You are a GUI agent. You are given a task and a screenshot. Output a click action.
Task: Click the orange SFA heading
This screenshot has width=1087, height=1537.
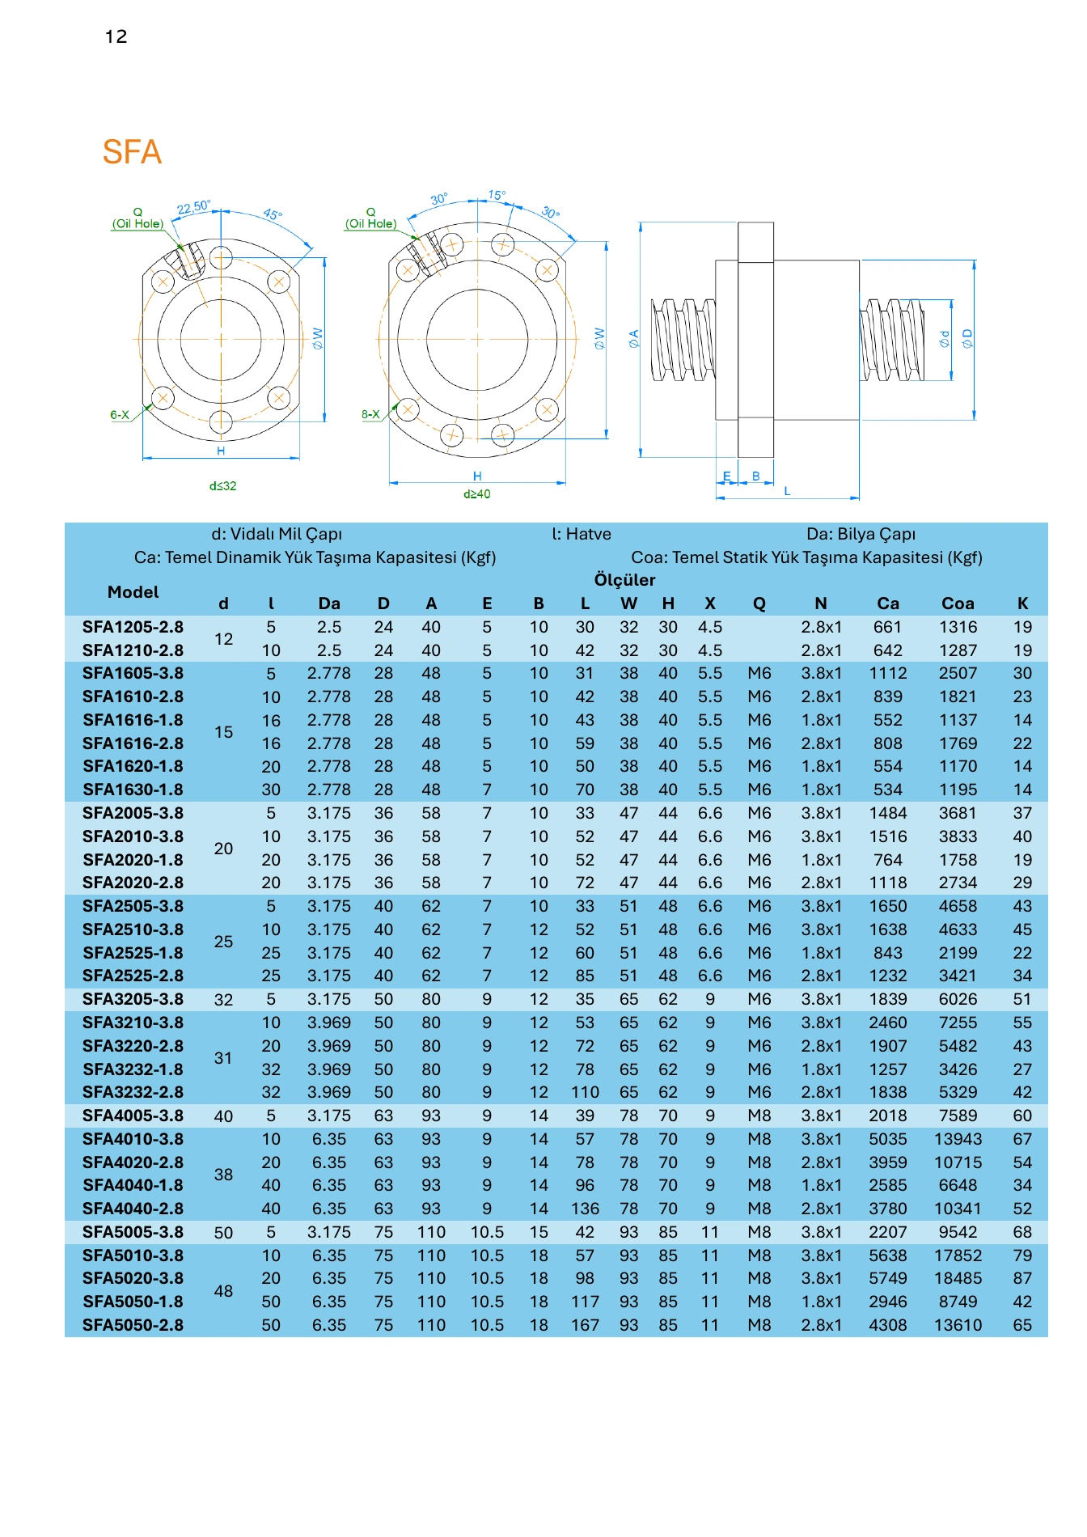(x=132, y=152)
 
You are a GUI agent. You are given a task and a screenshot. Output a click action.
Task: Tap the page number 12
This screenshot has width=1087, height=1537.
(x=116, y=36)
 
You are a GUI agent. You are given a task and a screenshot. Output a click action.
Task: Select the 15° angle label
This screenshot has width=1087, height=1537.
(x=497, y=195)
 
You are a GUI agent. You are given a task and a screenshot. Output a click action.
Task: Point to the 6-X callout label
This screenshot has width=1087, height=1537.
(x=120, y=415)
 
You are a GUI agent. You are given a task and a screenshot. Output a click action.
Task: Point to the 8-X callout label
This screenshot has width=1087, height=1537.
(x=370, y=414)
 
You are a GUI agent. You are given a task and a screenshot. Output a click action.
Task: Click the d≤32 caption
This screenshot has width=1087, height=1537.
(x=223, y=486)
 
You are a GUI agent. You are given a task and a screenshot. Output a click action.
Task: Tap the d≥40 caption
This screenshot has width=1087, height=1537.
(x=477, y=494)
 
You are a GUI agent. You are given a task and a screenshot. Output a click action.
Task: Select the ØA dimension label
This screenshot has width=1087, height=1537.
(x=633, y=339)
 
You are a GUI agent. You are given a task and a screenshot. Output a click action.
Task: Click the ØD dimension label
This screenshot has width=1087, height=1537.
(x=967, y=339)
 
